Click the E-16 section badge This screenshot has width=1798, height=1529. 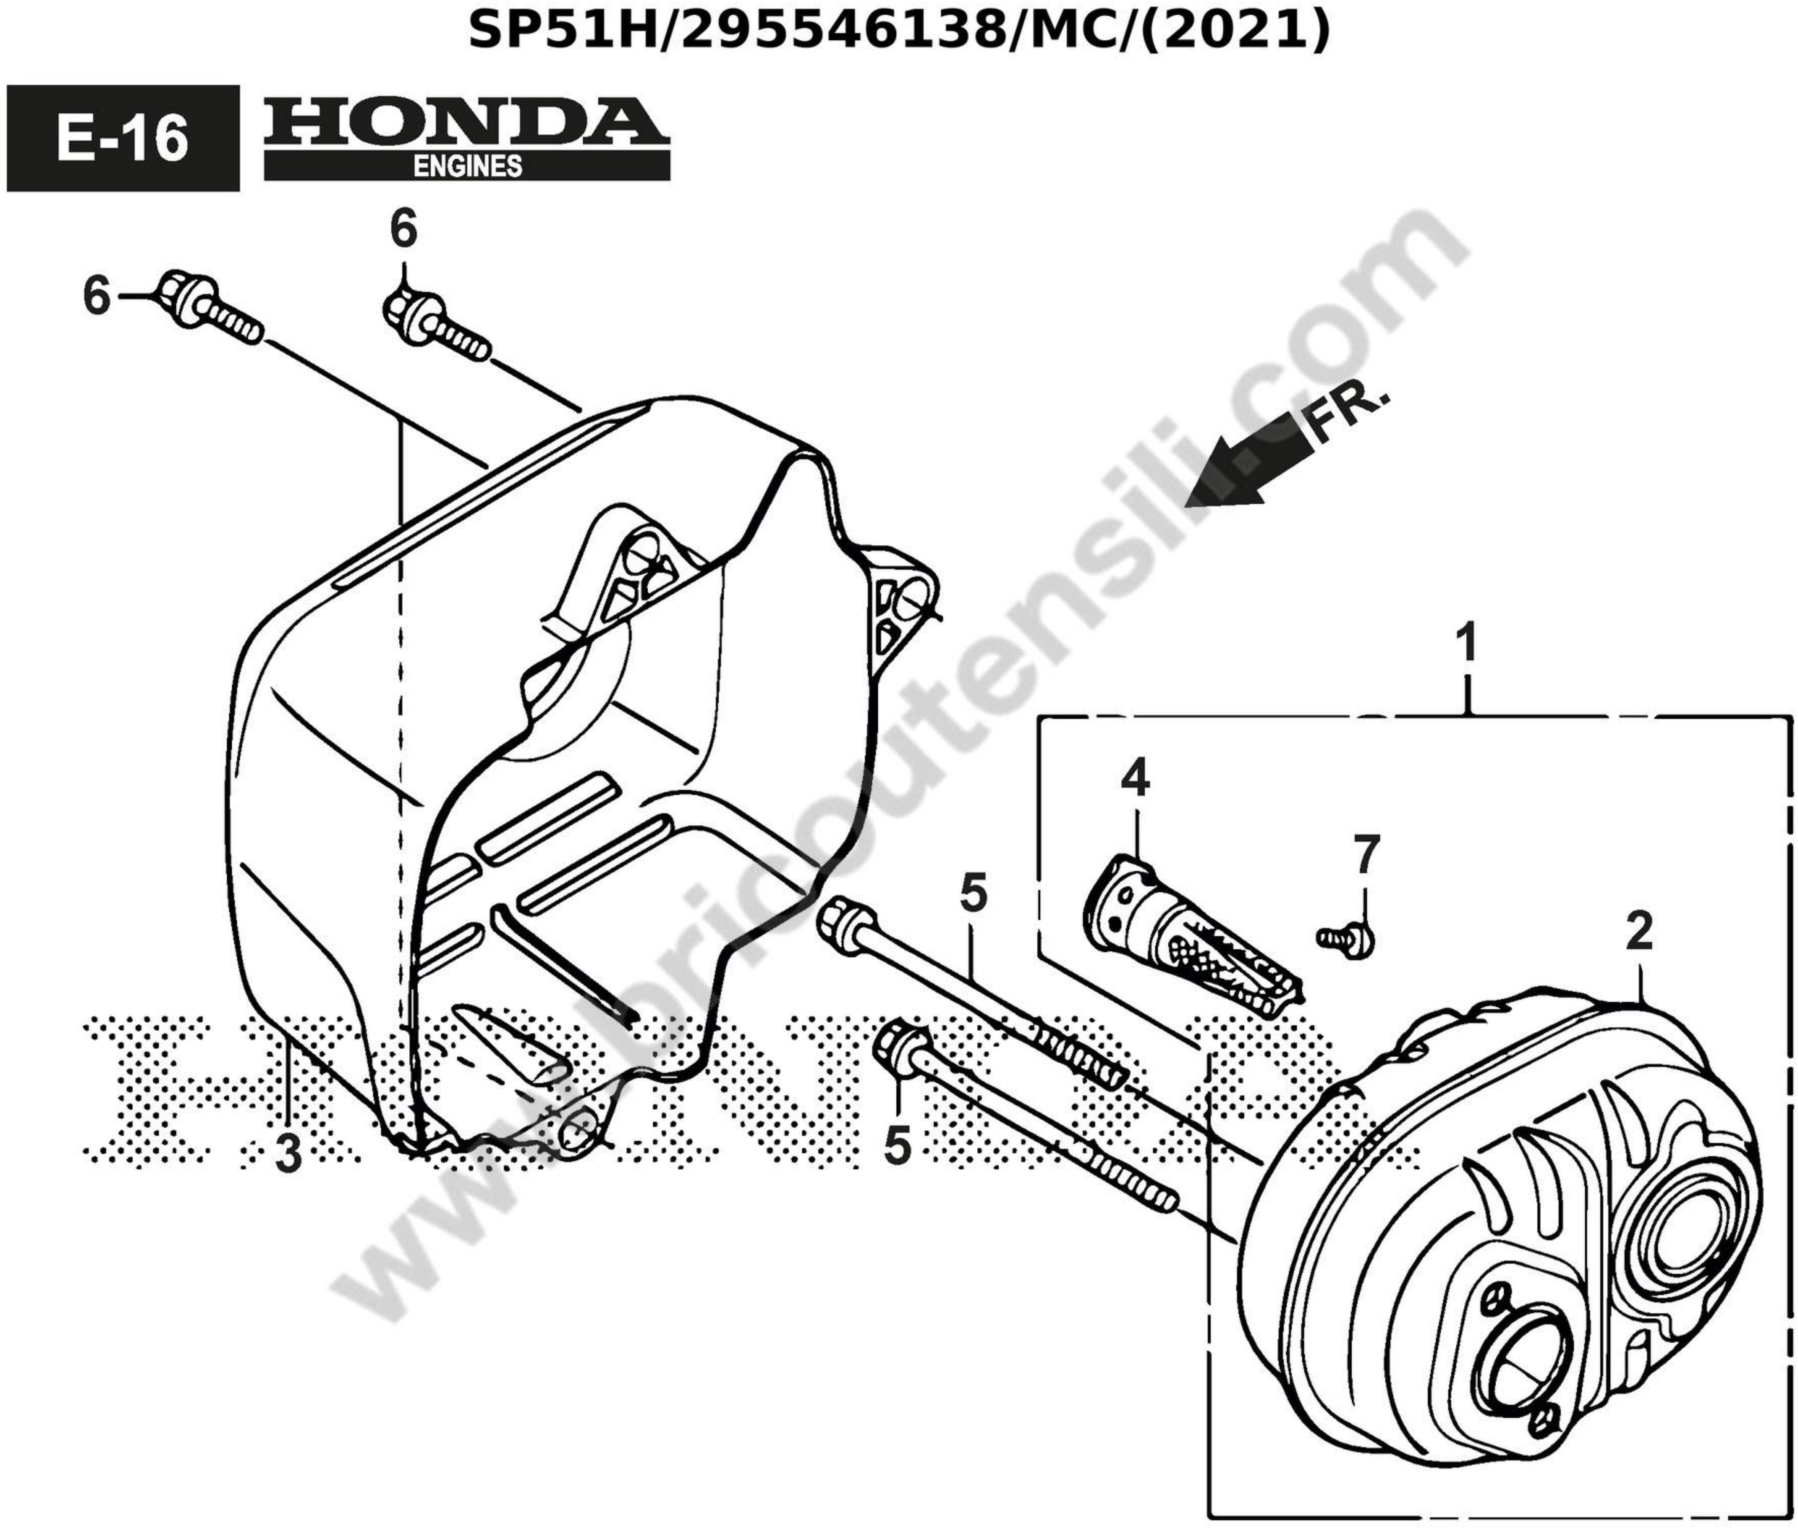[x=122, y=138]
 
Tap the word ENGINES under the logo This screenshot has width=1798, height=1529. [x=467, y=165]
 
